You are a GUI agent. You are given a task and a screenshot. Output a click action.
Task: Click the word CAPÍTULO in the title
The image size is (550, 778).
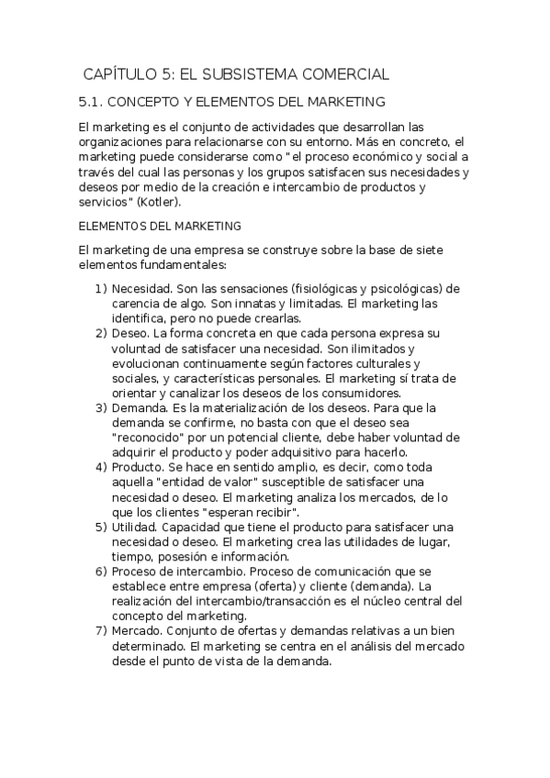click(120, 74)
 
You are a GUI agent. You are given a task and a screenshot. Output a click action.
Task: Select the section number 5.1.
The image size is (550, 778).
click(93, 102)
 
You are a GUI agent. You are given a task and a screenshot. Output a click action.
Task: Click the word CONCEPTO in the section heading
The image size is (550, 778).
click(151, 102)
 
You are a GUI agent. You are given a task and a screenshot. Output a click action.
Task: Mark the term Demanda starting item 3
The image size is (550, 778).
click(140, 407)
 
